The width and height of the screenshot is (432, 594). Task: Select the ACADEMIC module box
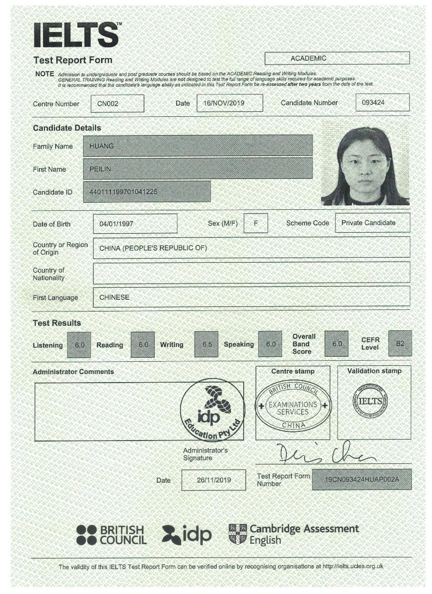pos(337,58)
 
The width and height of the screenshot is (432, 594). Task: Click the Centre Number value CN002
pos(117,103)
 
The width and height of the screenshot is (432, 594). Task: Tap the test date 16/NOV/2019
pos(230,103)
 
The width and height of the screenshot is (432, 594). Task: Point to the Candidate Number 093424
pos(382,103)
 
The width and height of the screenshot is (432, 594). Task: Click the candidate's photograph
pos(365,166)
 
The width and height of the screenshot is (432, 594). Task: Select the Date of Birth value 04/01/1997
pos(135,224)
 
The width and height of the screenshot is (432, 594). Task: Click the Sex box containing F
pos(256,223)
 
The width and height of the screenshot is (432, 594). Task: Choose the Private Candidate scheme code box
pos(373,223)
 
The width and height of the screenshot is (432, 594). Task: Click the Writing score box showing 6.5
pos(207,344)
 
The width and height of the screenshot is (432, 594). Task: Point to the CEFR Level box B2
pos(399,343)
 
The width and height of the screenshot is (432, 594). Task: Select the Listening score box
pos(79,345)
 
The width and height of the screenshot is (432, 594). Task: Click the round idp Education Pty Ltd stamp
pos(212,410)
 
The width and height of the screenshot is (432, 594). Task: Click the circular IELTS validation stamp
pos(374,401)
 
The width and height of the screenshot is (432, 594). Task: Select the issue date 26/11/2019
pos(213,480)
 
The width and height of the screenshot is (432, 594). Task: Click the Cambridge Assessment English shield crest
pos(237,534)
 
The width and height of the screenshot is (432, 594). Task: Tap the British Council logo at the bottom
pos(111,535)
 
